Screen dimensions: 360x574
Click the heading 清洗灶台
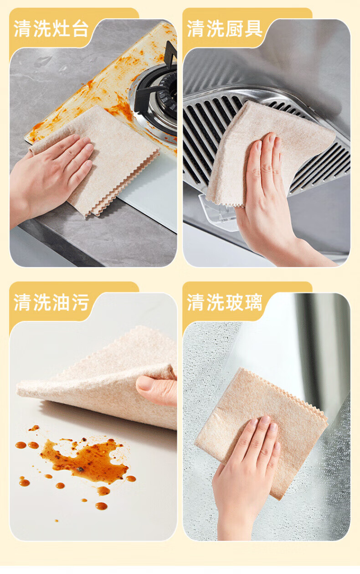point(51,28)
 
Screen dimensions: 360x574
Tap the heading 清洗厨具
point(225,28)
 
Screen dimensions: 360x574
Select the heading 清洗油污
point(51,302)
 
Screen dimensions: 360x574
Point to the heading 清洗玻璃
point(225,302)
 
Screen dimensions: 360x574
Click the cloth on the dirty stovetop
point(103,159)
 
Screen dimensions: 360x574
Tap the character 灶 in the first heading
point(61,28)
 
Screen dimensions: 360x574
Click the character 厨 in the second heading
point(234,28)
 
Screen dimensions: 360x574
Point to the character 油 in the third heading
point(61,302)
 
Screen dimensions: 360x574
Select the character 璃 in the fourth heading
point(253,302)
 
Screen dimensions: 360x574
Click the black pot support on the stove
point(156,84)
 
